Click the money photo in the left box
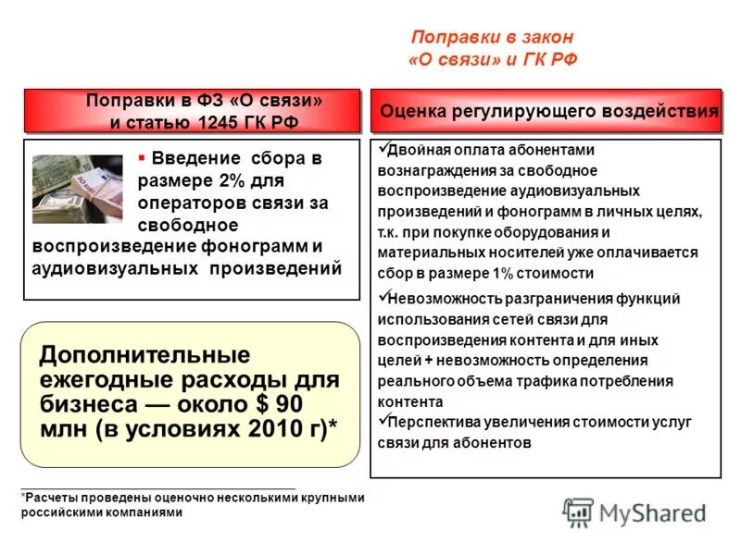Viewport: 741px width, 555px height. tap(77, 188)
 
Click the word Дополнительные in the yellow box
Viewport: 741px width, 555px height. tap(144, 355)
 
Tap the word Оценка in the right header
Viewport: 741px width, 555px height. tap(413, 111)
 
